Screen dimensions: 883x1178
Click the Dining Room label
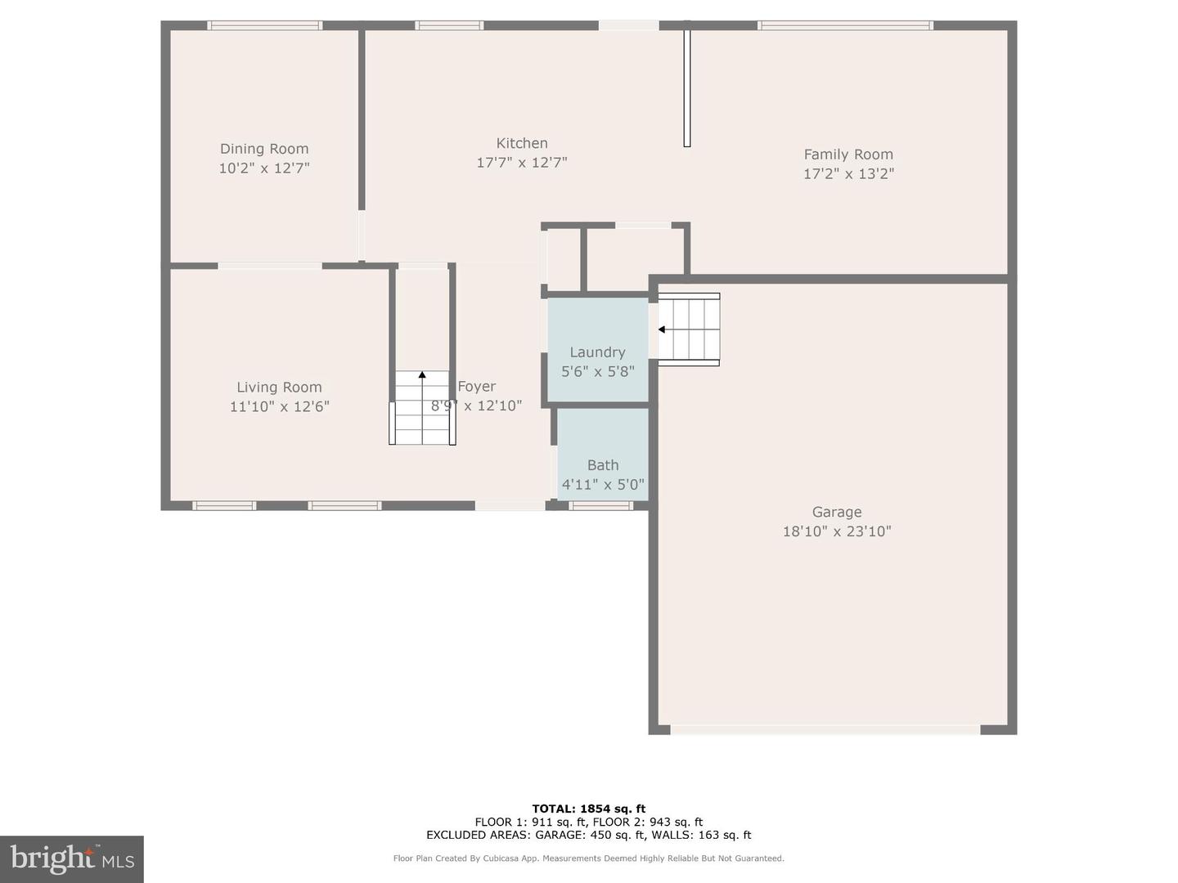[264, 149]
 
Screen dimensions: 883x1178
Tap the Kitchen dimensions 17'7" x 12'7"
[521, 163]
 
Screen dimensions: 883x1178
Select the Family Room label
[848, 155]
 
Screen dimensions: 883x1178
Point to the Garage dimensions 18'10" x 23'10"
[836, 531]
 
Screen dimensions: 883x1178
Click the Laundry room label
[597, 352]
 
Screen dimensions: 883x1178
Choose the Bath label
[603, 465]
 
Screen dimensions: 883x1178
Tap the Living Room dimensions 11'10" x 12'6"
[279, 406]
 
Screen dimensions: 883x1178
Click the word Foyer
[477, 387]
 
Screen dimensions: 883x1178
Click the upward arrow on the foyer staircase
[422, 375]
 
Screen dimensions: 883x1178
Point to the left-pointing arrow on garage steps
[662, 329]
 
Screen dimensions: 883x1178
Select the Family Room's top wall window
[845, 25]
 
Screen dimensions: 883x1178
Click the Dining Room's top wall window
[264, 25]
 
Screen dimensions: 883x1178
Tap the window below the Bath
[600, 506]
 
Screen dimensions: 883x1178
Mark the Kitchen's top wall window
[449, 25]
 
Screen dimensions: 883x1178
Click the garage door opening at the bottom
[825, 729]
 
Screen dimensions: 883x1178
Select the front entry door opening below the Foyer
[510, 506]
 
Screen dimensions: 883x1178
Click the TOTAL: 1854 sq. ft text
[588, 809]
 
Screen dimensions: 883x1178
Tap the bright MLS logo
[72, 858]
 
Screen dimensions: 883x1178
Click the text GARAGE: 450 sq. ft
[589, 835]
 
